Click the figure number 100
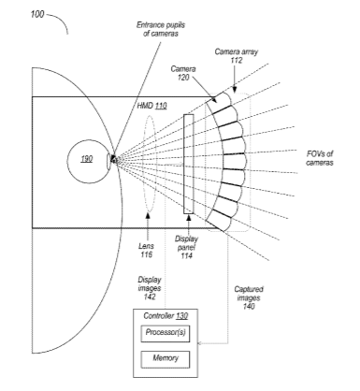point(37,14)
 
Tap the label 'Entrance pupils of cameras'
point(161,29)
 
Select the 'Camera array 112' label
point(237,56)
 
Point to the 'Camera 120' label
point(183,73)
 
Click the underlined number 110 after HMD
point(161,106)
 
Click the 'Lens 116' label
point(146,251)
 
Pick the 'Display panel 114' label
point(186,247)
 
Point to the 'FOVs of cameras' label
point(320,158)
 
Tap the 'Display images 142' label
point(150,288)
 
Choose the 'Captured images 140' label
point(249,297)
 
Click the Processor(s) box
point(166,334)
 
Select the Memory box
point(166,359)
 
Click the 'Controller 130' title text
point(166,316)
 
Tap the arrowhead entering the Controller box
point(200,343)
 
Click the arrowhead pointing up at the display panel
point(189,217)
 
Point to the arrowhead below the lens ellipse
point(147,215)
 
